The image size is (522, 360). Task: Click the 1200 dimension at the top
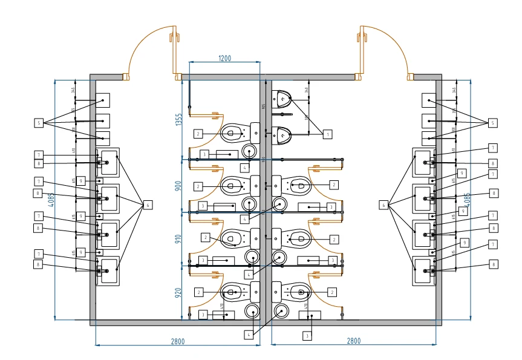(x=224, y=58)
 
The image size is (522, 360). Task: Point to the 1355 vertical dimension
(x=178, y=119)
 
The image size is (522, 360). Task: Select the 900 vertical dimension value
(x=178, y=186)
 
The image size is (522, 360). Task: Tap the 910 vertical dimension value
(x=178, y=238)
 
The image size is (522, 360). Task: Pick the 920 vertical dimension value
(x=178, y=293)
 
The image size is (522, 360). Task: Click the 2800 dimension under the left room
(x=177, y=341)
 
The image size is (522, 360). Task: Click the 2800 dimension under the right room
(x=353, y=341)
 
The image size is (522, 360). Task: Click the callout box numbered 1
(x=327, y=134)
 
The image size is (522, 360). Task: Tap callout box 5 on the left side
(x=39, y=123)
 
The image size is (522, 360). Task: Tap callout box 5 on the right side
(x=492, y=123)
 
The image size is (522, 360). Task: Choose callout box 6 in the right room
(x=383, y=205)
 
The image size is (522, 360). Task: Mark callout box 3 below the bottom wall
(x=307, y=335)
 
